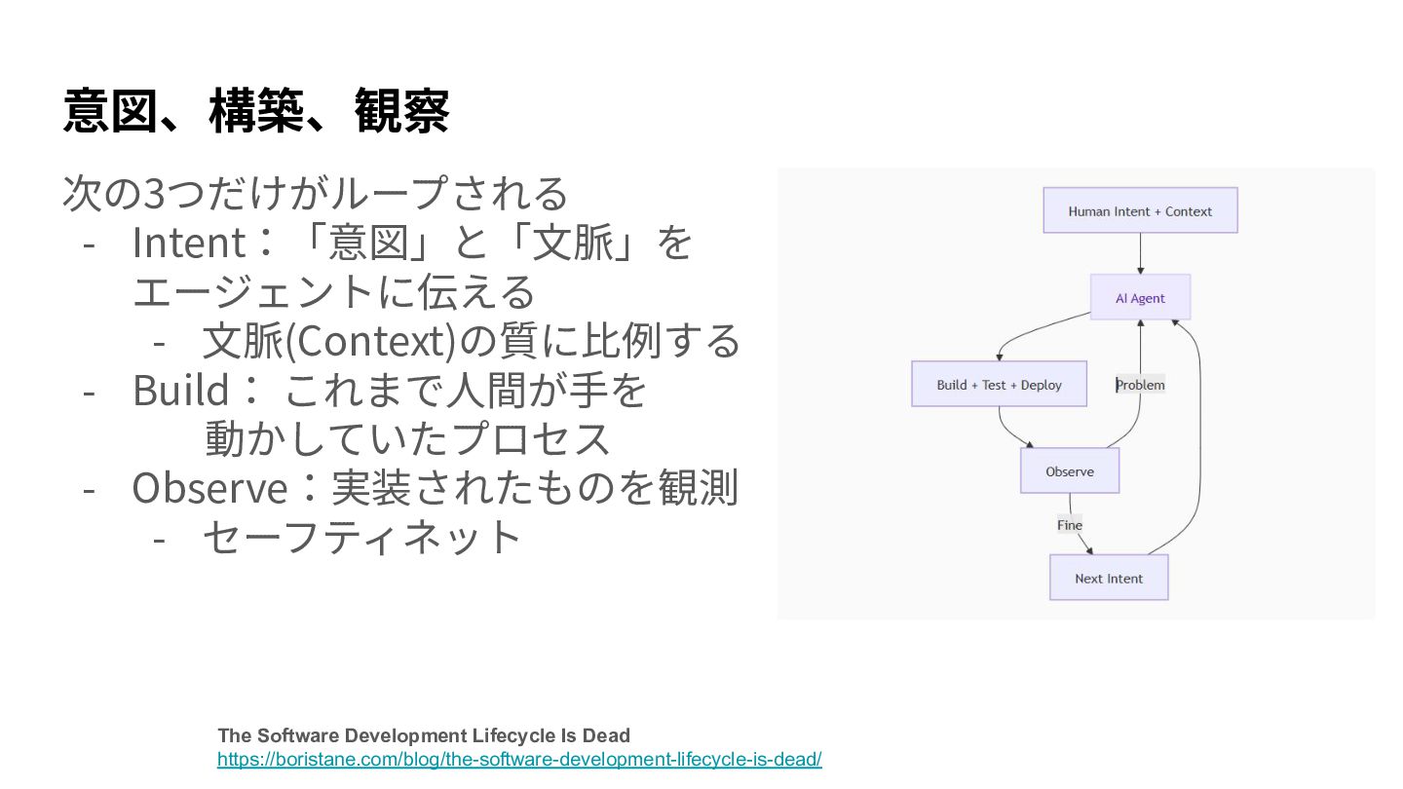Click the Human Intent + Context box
click(x=1140, y=210)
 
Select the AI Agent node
click(x=1140, y=298)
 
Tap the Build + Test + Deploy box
click(x=999, y=385)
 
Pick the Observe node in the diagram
click(x=1070, y=471)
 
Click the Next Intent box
click(x=1109, y=578)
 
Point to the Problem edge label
click(x=1140, y=385)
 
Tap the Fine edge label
click(x=1070, y=525)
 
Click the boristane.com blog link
click(x=519, y=759)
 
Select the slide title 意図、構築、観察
click(x=256, y=111)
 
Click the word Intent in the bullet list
click(x=188, y=243)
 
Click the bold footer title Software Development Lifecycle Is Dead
click(x=424, y=735)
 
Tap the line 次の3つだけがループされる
click(x=315, y=193)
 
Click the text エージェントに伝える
click(x=333, y=292)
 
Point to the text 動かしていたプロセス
click(x=407, y=439)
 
